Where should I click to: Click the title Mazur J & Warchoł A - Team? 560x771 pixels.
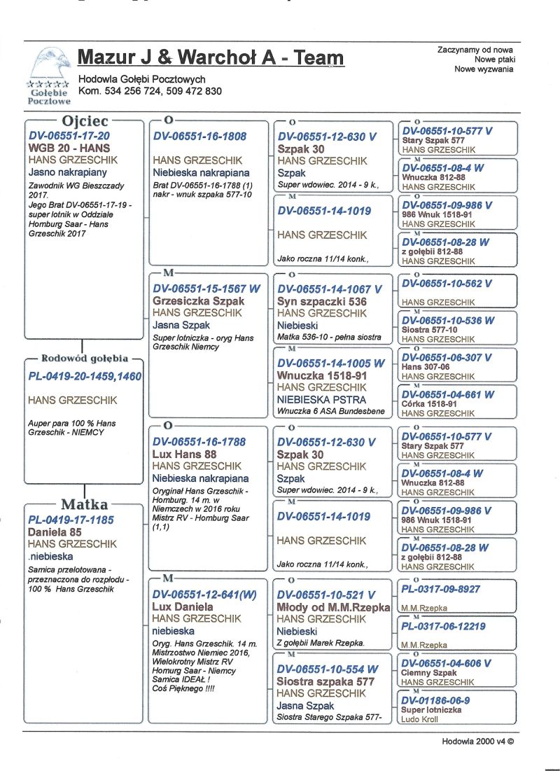tap(210, 57)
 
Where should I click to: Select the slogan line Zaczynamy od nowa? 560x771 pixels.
tap(475, 50)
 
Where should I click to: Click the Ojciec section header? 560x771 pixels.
tap(84, 120)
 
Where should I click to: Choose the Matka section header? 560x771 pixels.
tap(84, 504)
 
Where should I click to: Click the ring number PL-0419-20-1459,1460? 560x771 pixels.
tap(85, 377)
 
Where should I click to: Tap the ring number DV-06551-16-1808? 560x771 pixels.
tap(199, 136)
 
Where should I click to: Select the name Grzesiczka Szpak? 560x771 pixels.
tap(198, 300)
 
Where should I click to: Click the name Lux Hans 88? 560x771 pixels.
tap(184, 454)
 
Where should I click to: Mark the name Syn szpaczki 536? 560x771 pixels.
tap(318, 300)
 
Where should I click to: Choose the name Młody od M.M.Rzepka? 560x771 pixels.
tap(333, 607)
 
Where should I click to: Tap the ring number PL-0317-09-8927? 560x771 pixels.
tap(440, 590)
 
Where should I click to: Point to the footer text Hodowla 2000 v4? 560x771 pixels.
tap(477, 741)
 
